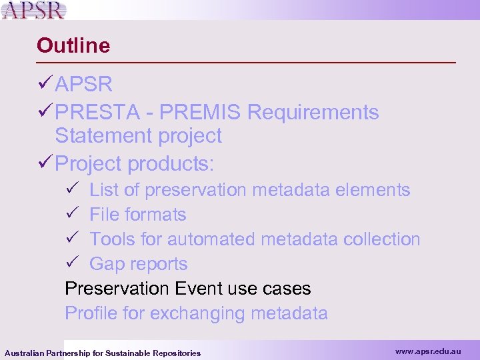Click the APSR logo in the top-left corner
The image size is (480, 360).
coord(35,10)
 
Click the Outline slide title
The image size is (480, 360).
coord(73,45)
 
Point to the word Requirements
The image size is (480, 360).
coord(313,113)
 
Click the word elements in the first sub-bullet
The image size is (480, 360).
coord(373,190)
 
